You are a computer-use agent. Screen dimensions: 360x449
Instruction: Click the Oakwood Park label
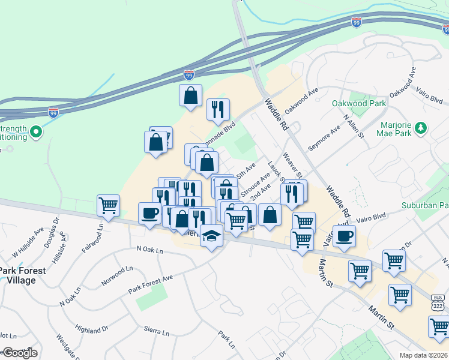point(359,103)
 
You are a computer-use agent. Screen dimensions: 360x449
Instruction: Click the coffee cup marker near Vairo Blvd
point(344,236)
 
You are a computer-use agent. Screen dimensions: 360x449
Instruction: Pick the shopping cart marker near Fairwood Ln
point(108,206)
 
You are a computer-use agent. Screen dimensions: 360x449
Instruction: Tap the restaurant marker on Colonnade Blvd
point(217,109)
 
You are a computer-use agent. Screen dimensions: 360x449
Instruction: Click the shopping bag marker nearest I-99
point(190,95)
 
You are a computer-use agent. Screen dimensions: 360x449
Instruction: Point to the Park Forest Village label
point(22,275)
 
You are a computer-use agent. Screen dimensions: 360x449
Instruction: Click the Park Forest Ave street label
point(150,284)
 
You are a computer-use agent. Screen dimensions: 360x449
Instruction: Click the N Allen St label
point(354,126)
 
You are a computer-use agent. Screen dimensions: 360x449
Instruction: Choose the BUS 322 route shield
point(438,301)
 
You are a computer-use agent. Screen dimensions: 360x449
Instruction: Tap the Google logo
point(19,353)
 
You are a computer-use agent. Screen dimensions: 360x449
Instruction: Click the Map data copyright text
point(423,355)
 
